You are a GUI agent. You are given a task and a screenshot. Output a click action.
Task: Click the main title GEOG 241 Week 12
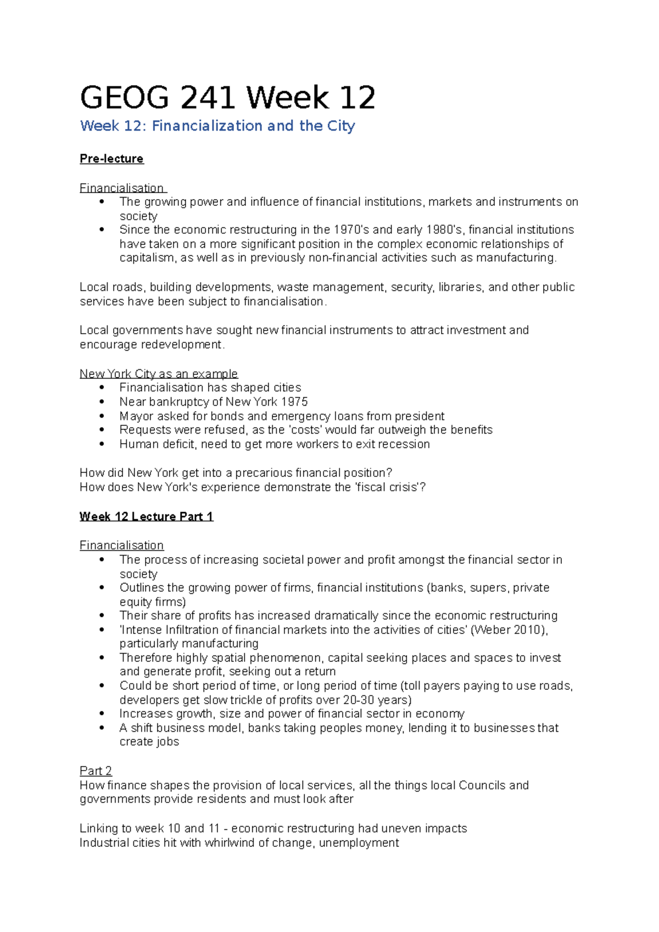(x=227, y=98)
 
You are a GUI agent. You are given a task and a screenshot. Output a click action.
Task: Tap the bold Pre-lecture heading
(x=111, y=159)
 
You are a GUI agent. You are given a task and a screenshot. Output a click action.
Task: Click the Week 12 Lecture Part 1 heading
(x=146, y=516)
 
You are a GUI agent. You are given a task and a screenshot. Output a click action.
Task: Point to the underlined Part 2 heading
(x=96, y=771)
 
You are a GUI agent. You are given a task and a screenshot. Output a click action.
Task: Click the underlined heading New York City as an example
(x=158, y=374)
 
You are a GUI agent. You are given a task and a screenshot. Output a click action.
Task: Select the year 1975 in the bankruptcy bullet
(x=294, y=402)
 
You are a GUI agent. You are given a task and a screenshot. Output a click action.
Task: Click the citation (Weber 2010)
(x=509, y=630)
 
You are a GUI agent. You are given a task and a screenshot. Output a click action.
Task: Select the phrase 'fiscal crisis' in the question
(x=387, y=487)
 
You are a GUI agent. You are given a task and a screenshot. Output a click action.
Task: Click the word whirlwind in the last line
(x=230, y=843)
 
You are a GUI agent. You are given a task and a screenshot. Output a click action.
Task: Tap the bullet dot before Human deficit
(x=102, y=444)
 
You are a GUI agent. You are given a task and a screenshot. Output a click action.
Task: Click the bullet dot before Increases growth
(x=102, y=714)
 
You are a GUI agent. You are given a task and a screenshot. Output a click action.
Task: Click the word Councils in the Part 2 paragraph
(x=482, y=785)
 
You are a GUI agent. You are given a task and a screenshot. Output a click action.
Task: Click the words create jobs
(x=149, y=742)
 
